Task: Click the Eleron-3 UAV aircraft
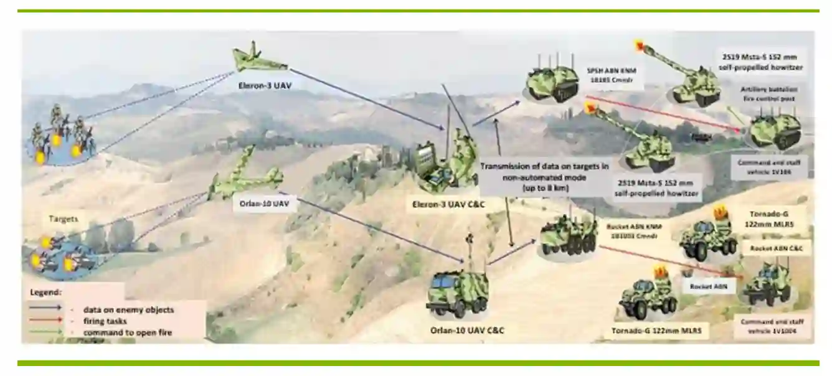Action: point(258,59)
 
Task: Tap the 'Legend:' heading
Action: point(45,291)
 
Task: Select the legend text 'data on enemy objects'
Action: point(128,309)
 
